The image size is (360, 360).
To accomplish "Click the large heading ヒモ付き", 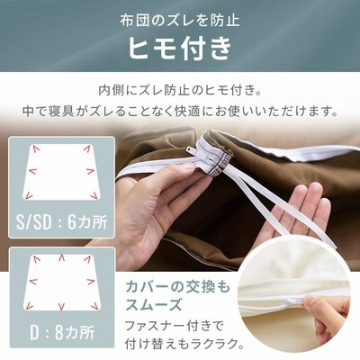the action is pos(180,49).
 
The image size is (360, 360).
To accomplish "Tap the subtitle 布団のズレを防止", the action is pos(180,21).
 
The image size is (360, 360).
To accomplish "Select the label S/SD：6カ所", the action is pos(61,222).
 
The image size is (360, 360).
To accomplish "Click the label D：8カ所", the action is pos(62,332).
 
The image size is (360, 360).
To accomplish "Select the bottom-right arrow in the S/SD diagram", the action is pos(94,196).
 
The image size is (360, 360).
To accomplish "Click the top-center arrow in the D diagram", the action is pos(61,257).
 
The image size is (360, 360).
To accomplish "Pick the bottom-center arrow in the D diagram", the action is pos(61,306).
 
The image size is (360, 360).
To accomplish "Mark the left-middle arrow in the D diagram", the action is pos(32,282).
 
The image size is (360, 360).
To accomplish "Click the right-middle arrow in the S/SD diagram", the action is pos(91,171).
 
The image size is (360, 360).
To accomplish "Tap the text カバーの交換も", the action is pos(177,287).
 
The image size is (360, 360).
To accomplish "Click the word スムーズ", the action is pos(154,304).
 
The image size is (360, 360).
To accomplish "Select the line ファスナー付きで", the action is pos(174,326).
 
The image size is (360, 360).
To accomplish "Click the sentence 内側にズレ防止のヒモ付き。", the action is pos(180,90).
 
